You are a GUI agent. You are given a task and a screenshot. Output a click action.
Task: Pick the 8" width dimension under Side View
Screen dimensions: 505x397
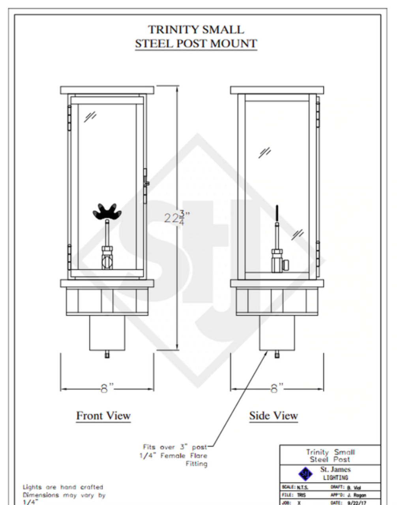point(277,389)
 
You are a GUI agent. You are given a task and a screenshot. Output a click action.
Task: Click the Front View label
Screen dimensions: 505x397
point(103,415)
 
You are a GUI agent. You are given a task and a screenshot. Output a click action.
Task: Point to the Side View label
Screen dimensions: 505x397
point(273,415)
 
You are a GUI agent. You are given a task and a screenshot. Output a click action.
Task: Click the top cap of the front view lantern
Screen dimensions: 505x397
point(107,90)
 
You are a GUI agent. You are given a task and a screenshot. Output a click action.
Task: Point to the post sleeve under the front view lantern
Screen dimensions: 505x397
point(107,333)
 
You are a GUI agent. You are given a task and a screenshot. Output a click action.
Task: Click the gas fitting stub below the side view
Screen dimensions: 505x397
point(277,355)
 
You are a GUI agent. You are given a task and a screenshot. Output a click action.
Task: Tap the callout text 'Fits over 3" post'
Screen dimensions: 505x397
point(175,447)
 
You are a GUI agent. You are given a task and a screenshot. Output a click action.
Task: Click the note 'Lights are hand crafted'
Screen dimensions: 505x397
point(62,487)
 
